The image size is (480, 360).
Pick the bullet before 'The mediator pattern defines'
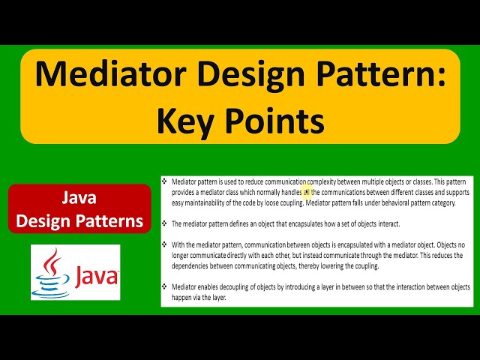165,223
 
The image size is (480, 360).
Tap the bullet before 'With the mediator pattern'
165,244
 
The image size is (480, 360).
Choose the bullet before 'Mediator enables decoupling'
165,286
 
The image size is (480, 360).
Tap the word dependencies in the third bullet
193,265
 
